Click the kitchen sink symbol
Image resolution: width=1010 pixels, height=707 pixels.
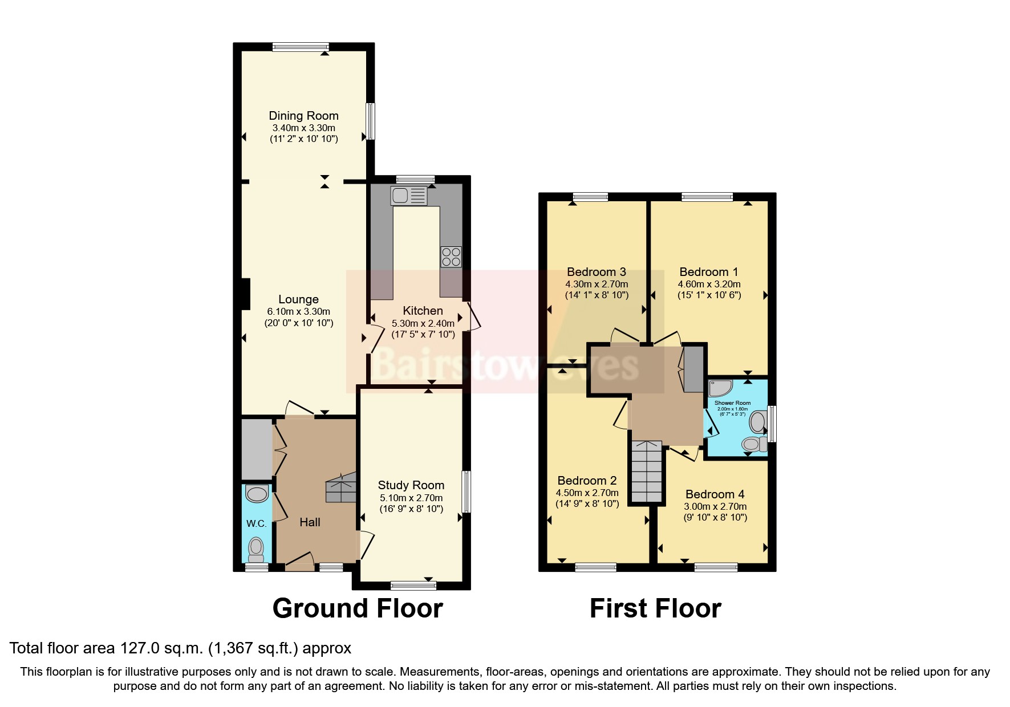(408, 196)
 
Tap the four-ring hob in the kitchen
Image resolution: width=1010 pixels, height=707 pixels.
(451, 257)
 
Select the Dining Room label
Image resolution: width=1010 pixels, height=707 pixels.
(303, 116)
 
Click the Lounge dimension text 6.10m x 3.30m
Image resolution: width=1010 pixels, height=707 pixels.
(298, 311)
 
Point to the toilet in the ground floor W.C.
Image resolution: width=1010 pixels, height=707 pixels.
(256, 550)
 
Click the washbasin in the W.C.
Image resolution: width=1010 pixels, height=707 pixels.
(257, 494)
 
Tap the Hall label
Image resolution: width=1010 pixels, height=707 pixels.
(310, 522)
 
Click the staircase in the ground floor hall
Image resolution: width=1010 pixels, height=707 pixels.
(340, 489)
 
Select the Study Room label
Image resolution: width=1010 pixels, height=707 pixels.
(411, 485)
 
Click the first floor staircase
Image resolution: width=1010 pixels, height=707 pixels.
(647, 472)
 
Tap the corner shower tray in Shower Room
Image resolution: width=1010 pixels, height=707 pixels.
(719, 388)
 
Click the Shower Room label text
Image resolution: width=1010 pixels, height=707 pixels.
(732, 403)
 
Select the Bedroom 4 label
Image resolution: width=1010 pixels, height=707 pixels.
(715, 494)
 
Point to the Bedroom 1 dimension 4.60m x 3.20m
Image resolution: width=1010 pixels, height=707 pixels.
(709, 284)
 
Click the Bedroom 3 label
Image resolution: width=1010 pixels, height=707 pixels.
(597, 272)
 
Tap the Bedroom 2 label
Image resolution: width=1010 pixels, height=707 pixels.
(587, 481)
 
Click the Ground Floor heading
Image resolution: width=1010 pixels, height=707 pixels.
(358, 608)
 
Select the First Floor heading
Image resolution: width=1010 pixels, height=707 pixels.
(655, 608)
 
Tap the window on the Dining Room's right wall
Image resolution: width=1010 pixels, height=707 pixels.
(371, 121)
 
